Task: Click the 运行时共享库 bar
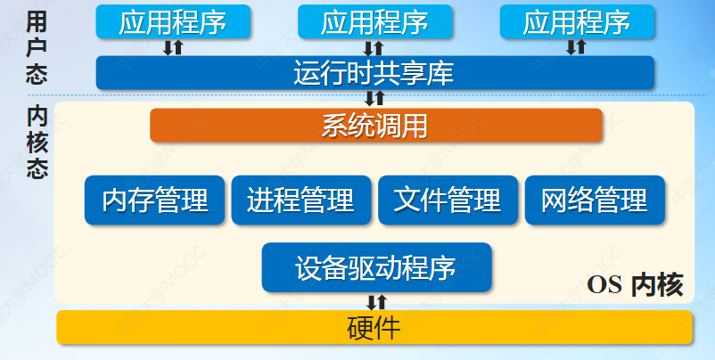(374, 73)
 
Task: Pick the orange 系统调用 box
(375, 126)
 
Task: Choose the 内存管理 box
(155, 200)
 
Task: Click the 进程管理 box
(300, 200)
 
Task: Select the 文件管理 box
(448, 200)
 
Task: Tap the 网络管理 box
(595, 200)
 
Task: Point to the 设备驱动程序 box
(376, 267)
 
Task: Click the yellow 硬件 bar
(374, 327)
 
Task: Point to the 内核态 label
(37, 143)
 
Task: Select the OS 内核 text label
(636, 285)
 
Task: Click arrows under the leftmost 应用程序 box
(173, 47)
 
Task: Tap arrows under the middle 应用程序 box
(374, 47)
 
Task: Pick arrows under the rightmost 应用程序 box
(577, 46)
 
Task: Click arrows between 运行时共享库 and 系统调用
(375, 98)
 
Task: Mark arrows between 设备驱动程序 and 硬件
(378, 301)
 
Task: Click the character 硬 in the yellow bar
(360, 327)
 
